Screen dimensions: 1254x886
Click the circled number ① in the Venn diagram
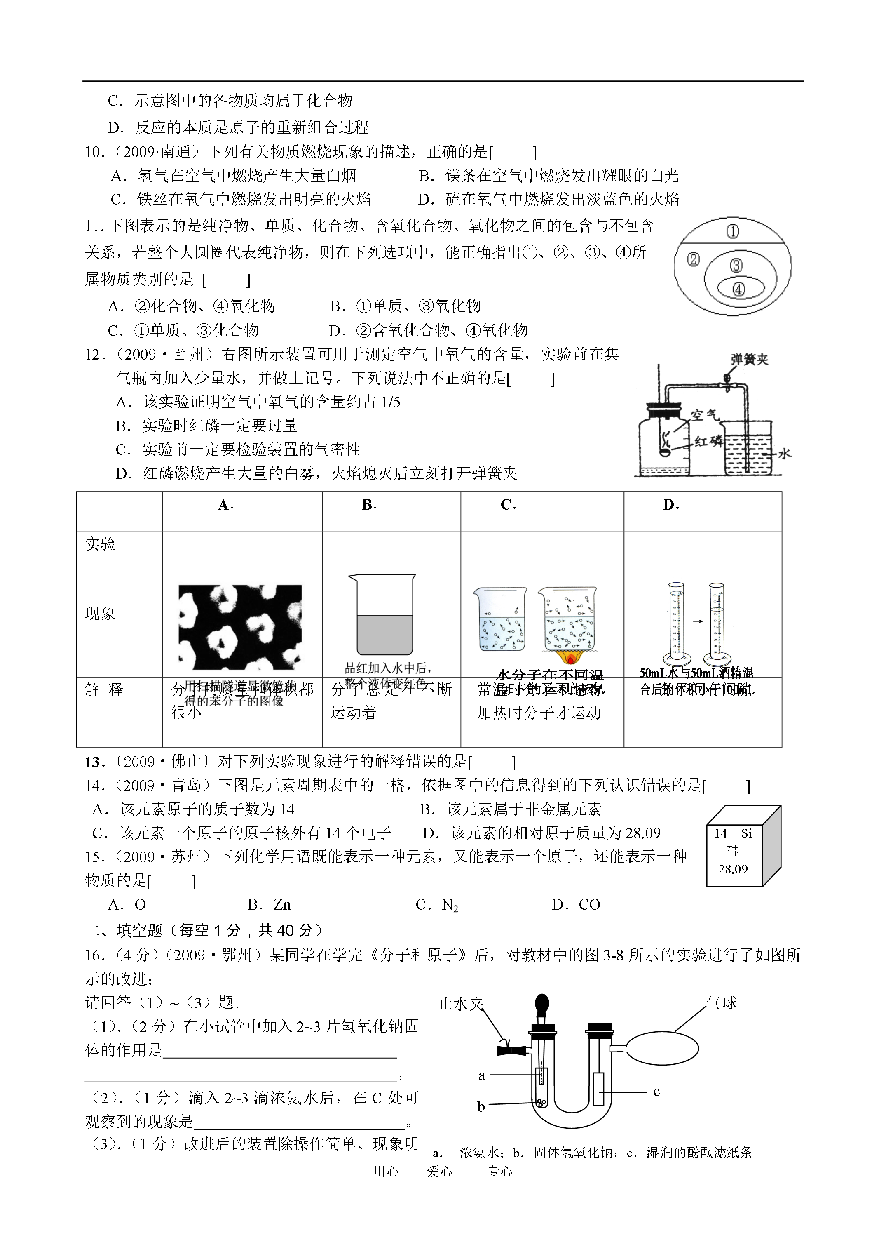point(733,232)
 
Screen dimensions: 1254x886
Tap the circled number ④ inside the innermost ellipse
point(738,289)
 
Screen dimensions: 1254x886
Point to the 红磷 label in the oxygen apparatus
point(708,441)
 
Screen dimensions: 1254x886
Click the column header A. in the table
point(225,505)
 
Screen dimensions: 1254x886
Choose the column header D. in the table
point(671,505)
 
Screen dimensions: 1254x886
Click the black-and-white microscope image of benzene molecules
point(240,627)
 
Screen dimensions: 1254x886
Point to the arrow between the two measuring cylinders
point(698,621)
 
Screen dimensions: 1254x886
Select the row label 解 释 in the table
point(104,690)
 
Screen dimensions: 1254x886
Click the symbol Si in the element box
point(746,833)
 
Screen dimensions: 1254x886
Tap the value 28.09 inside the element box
point(733,869)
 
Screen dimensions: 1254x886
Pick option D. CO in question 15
point(576,905)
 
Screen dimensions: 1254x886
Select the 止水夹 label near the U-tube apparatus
point(460,1004)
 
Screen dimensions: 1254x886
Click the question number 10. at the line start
point(95,153)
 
